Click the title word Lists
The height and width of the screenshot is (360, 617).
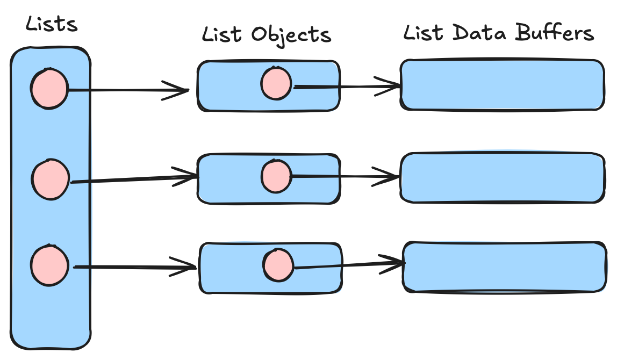click(52, 24)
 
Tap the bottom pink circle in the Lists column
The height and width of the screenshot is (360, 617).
click(49, 265)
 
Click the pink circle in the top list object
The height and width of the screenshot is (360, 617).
click(276, 84)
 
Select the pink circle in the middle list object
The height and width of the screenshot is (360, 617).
click(276, 176)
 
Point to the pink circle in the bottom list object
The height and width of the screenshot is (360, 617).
click(278, 265)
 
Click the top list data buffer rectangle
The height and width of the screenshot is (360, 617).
click(503, 85)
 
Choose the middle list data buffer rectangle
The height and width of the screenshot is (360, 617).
click(503, 178)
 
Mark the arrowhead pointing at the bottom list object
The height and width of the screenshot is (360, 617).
click(186, 267)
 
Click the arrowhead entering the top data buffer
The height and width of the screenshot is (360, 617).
click(391, 86)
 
